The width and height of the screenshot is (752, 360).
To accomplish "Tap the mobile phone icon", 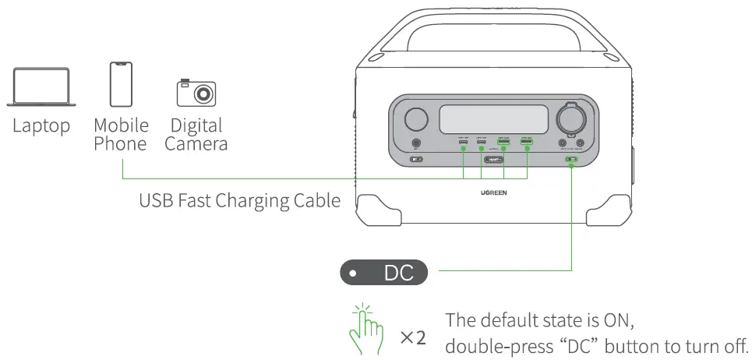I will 121,84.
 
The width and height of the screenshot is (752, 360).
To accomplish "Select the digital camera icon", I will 196,92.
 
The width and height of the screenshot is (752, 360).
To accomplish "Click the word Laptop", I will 41,126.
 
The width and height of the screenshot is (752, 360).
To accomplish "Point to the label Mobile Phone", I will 121,134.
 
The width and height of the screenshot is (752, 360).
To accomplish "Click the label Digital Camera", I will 196,134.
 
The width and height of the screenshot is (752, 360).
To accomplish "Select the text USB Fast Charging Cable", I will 239,200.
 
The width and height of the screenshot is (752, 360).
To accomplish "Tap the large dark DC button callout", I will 385,274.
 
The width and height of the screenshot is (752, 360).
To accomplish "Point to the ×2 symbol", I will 413,338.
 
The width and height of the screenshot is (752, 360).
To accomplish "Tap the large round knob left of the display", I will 415,119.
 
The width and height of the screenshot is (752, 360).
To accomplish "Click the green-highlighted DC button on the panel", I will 572,160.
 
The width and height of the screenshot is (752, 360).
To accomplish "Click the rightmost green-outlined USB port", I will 526,143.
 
